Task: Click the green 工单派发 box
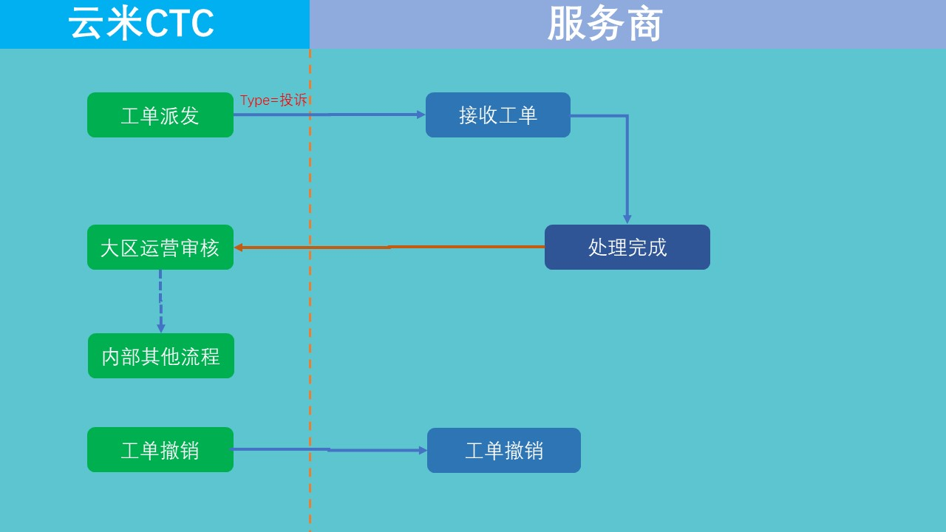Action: [160, 115]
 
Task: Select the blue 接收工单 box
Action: [498, 115]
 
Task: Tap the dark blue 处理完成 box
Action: [627, 247]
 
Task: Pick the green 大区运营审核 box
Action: [160, 247]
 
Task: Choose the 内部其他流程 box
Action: [161, 355]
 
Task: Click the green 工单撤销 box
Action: [160, 449]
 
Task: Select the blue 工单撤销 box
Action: [504, 450]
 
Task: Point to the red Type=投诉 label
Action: [273, 100]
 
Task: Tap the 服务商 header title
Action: [605, 24]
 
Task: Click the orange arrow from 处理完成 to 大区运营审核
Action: [389, 247]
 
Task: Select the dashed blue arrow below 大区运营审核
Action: [160, 301]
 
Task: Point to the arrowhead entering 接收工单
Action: [421, 115]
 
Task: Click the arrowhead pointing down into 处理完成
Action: [627, 219]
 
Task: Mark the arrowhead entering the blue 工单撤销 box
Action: [423, 451]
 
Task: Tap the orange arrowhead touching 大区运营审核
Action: [238, 248]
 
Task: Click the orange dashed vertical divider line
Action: [310, 290]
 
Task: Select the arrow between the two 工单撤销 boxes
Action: [330, 450]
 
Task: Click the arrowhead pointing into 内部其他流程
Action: [161, 328]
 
